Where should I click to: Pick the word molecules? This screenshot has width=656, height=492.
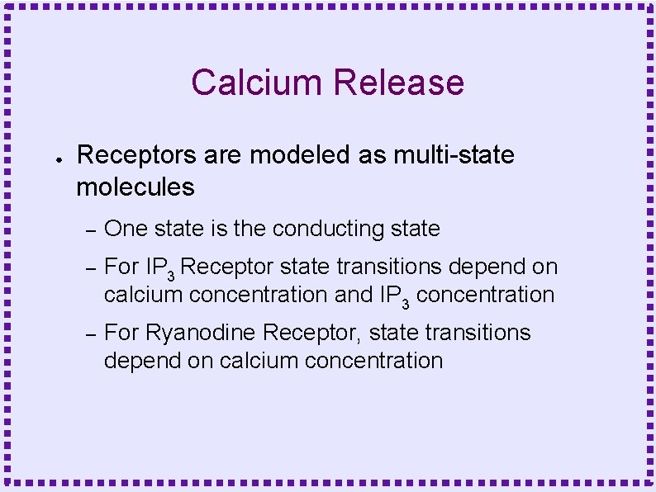coord(135,187)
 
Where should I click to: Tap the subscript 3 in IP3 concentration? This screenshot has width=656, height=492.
coord(406,300)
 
